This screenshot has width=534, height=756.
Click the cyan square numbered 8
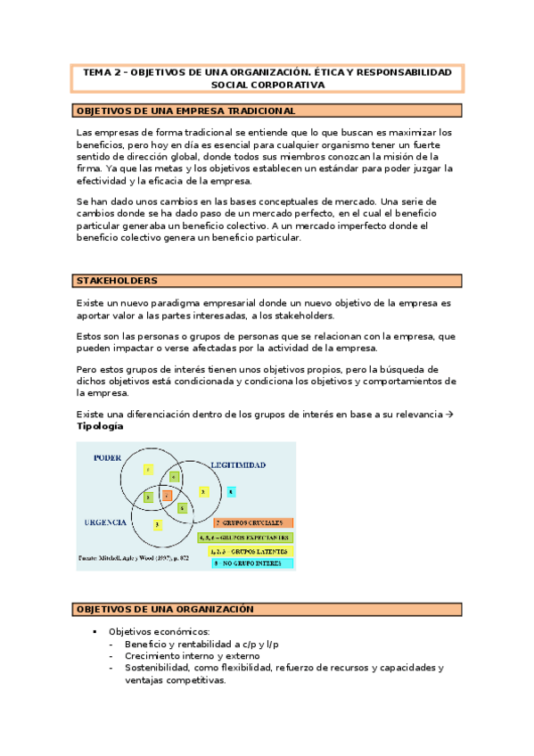[232, 491]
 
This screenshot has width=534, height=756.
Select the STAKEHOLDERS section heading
[116, 281]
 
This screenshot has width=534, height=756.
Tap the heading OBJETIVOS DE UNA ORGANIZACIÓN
[165, 610]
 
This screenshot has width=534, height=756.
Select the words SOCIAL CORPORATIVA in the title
[267, 85]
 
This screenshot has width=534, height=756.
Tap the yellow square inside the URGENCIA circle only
[157, 525]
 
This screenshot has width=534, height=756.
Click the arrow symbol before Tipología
[451, 415]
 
